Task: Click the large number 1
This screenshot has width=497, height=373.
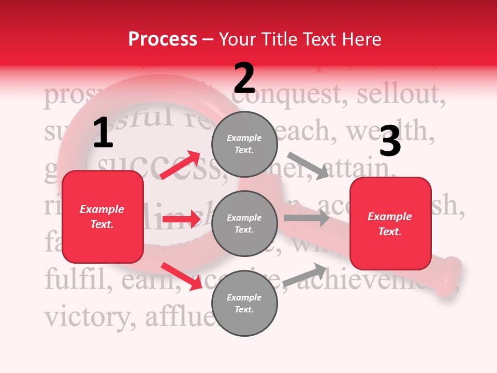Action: [x=103, y=133]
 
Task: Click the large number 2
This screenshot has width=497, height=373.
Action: [x=244, y=78]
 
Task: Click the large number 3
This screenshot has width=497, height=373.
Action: [x=390, y=141]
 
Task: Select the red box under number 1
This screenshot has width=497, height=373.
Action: [x=103, y=217]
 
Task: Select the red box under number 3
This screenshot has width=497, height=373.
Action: [x=390, y=223]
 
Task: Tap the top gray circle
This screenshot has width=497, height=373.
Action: [x=244, y=144]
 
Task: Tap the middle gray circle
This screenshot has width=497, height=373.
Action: [x=244, y=223]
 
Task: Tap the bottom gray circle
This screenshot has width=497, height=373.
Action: [x=244, y=303]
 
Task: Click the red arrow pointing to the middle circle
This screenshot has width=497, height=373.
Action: [x=181, y=219]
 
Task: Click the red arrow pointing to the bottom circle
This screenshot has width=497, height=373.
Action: [x=182, y=276]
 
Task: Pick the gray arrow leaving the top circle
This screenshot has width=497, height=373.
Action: [x=308, y=165]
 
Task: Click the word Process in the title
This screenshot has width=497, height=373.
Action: [x=163, y=39]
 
